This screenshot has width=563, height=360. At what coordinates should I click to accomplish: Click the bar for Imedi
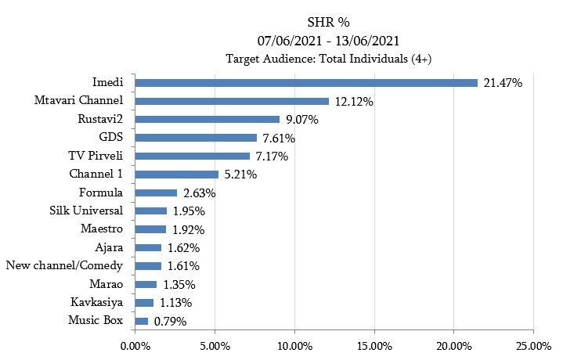click(x=305, y=82)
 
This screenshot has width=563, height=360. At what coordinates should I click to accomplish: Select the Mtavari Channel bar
click(x=231, y=101)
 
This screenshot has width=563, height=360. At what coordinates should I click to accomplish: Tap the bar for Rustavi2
click(x=207, y=119)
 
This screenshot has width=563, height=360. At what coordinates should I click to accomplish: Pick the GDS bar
click(x=195, y=138)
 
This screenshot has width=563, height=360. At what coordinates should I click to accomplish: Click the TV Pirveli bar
click(x=192, y=156)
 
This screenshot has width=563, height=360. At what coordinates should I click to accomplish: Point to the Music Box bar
click(x=141, y=321)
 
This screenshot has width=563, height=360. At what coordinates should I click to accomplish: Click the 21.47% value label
click(x=503, y=82)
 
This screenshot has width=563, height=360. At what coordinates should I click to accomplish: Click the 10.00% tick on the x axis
click(x=294, y=344)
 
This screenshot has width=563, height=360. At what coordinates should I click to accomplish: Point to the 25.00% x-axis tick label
click(x=533, y=344)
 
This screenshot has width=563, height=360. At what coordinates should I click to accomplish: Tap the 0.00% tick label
click(x=135, y=344)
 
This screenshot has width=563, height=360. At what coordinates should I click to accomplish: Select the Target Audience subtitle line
click(x=328, y=58)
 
